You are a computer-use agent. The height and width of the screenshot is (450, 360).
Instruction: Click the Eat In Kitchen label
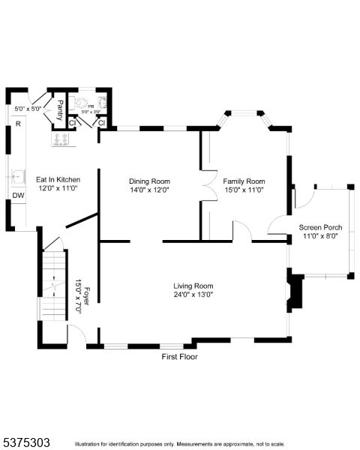point(58,180)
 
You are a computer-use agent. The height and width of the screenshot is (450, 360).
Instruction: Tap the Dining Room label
point(149,181)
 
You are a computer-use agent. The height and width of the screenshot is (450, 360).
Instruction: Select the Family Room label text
point(244,181)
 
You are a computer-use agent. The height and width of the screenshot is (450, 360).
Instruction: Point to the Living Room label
point(193,286)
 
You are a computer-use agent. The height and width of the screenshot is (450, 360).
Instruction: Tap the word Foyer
point(87,293)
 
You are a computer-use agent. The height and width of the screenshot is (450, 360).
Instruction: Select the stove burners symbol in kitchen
point(60,138)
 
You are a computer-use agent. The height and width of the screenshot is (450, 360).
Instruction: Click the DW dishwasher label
point(17,196)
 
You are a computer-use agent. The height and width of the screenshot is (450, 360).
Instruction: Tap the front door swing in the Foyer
point(76,335)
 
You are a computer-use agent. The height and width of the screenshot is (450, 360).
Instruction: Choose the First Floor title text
point(180,356)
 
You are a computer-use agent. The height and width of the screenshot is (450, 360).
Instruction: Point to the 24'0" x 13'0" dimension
point(193,295)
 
